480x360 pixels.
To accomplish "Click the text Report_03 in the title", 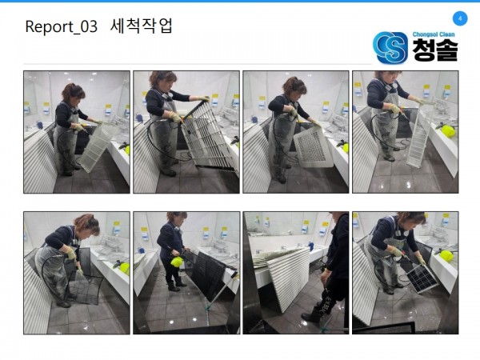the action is [62, 26].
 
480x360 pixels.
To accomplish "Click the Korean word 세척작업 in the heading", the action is [141, 26].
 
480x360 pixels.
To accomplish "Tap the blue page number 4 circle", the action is [460, 18].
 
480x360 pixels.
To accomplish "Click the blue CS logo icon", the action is [390, 47].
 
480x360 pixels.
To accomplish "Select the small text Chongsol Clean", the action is [434, 34].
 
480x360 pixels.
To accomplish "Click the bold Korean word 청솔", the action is [435, 50].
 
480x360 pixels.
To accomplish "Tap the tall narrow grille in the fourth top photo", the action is [420, 135].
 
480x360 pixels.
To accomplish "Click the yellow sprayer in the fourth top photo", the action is [447, 130].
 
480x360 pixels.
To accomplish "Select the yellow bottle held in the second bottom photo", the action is [177, 262].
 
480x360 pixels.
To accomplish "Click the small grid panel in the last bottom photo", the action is [422, 278].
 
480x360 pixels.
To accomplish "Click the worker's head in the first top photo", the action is [73, 93].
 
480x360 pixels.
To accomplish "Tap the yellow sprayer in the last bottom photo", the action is [446, 256].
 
